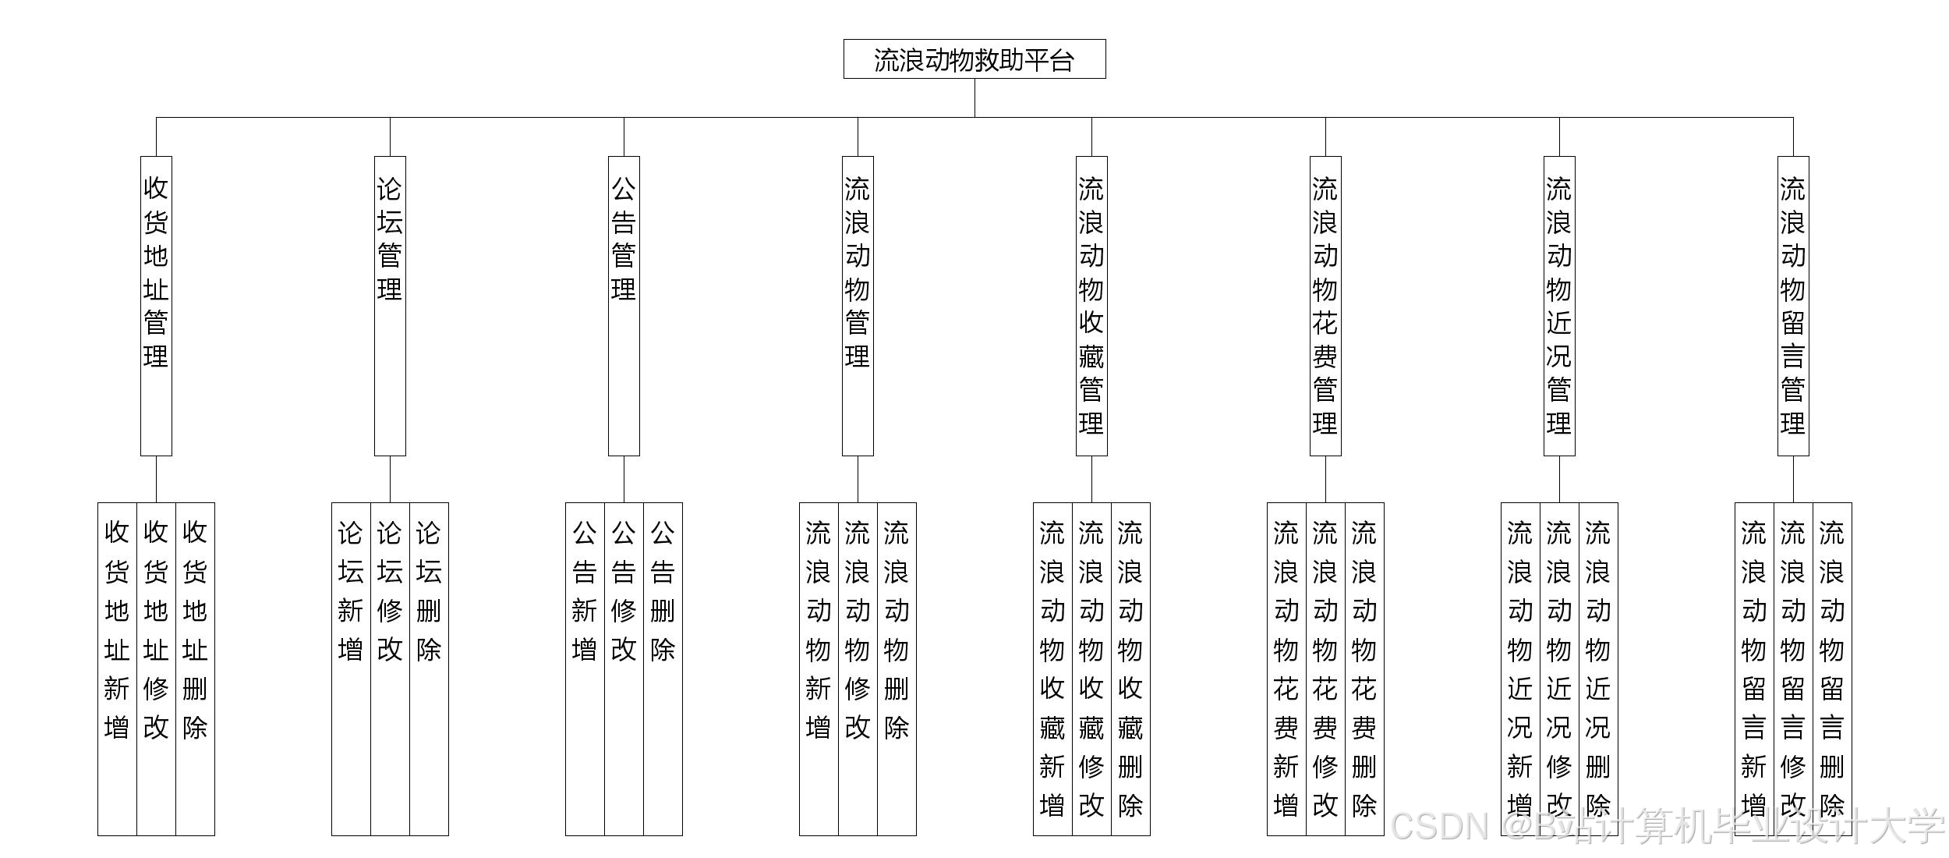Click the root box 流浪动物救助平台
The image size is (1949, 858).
pos(974,59)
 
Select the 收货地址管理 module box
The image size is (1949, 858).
pos(156,306)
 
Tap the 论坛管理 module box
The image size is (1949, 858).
pos(390,306)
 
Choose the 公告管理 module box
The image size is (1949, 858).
pos(624,306)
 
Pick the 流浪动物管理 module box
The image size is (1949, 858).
pos(858,306)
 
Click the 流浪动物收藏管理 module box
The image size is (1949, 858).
pos(1091,306)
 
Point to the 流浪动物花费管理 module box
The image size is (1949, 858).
pos(1325,306)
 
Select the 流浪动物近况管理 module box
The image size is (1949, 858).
pos(1559,306)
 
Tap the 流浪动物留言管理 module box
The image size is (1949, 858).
pos(1793,306)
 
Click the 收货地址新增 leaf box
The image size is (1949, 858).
pos(117,668)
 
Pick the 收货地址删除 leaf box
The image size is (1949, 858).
pos(195,668)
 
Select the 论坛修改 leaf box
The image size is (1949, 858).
pos(390,668)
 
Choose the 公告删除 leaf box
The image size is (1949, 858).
pos(663,668)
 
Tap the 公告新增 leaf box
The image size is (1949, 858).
pos(585,668)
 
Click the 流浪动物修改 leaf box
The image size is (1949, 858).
pos(858,668)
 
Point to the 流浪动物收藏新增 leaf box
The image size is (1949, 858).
pos(1052,668)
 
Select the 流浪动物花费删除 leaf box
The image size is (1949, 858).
pos(1364,668)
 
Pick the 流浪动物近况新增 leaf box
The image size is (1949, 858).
pos(1520,668)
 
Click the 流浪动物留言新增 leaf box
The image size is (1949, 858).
pos(1754,668)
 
